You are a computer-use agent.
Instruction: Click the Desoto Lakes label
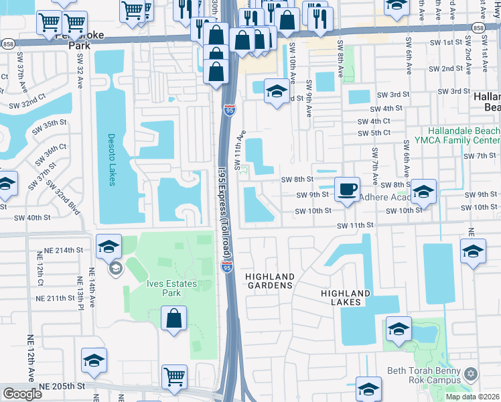click(112, 159)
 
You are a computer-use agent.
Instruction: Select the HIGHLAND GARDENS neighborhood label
click(269, 281)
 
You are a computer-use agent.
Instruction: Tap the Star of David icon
click(471, 373)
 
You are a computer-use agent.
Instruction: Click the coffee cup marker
click(347, 189)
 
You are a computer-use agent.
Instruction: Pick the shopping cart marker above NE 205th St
click(174, 377)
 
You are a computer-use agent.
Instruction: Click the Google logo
click(22, 393)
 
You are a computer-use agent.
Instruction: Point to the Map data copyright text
click(470, 397)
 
